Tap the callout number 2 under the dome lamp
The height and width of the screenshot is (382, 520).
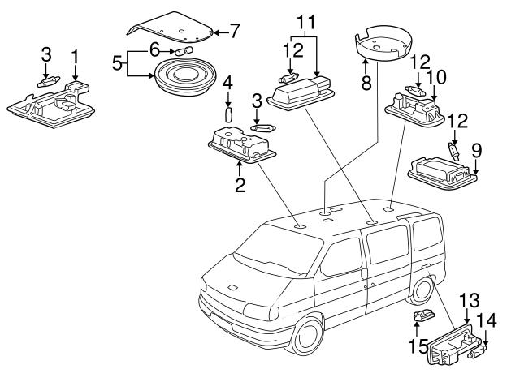(x=240, y=185)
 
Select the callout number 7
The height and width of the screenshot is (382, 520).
(x=235, y=32)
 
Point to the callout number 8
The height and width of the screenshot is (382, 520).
(x=366, y=80)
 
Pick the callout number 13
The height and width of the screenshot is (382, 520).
(x=470, y=298)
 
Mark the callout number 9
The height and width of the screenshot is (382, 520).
(x=477, y=150)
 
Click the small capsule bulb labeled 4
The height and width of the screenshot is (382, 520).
(x=228, y=113)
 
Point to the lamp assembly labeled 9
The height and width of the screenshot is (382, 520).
(x=440, y=171)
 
